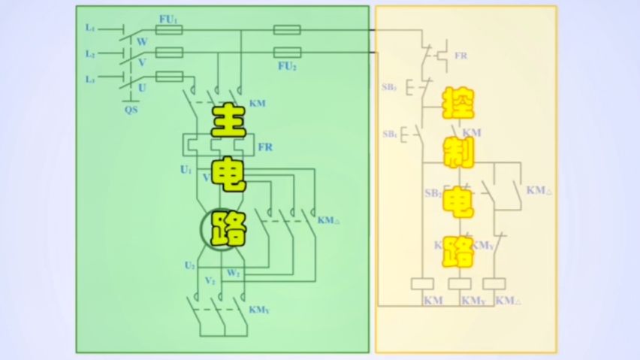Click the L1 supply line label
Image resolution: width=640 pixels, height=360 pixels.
(x=90, y=28)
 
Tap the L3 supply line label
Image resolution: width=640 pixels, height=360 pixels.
(x=90, y=79)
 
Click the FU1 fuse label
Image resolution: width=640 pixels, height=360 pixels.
(x=169, y=18)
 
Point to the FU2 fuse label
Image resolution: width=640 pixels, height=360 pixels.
(x=286, y=66)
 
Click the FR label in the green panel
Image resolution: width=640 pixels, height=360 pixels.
(x=265, y=146)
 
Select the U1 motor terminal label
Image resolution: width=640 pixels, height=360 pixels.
(x=186, y=170)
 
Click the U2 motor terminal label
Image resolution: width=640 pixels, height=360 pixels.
(x=191, y=265)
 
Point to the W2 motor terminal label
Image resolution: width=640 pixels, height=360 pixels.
(x=234, y=272)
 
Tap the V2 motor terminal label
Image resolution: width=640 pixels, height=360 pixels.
(x=211, y=280)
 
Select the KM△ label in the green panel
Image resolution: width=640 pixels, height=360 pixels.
(x=329, y=220)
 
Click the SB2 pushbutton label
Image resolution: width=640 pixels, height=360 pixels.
(x=433, y=193)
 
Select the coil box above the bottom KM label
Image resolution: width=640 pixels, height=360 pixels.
(x=422, y=283)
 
